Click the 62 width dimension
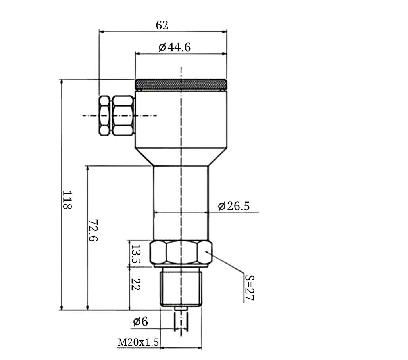(162, 25)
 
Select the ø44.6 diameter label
(175, 47)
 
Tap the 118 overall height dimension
(67, 200)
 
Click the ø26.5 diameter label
(234, 206)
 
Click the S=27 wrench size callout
(249, 287)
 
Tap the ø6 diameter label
(140, 322)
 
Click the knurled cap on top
(181, 84)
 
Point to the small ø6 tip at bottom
(181, 308)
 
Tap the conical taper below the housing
(181, 157)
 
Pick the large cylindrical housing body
(181, 119)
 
